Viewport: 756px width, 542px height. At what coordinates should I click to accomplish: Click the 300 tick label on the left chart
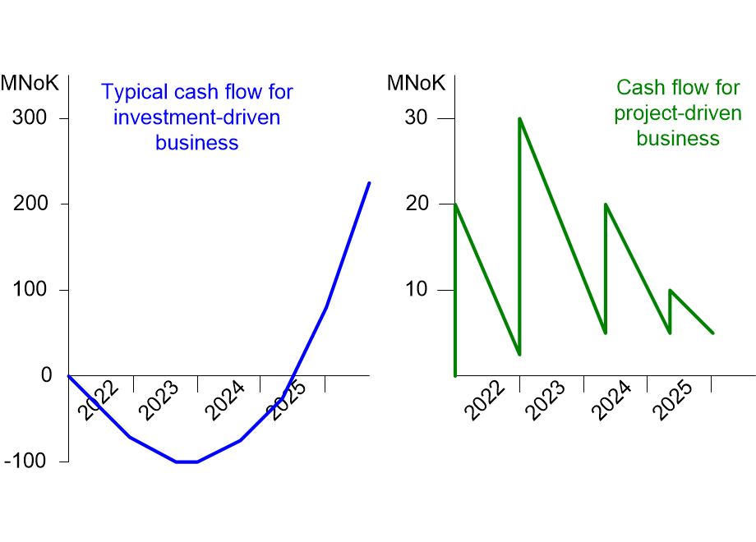(30, 118)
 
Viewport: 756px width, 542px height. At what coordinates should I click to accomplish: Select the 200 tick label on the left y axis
(30, 204)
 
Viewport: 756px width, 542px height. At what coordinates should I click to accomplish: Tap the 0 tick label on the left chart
(46, 375)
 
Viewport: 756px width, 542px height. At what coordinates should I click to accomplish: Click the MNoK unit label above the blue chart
(30, 83)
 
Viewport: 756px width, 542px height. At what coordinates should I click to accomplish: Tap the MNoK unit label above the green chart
(416, 83)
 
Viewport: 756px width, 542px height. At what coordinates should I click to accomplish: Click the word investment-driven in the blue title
(196, 117)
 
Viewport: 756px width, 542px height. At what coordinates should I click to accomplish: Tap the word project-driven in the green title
(678, 113)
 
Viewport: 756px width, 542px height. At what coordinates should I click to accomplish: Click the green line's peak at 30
(519, 118)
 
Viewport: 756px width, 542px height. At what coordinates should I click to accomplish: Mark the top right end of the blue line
(369, 183)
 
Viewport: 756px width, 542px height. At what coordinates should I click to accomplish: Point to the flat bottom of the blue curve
(187, 462)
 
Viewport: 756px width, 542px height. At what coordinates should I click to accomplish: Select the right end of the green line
(712, 333)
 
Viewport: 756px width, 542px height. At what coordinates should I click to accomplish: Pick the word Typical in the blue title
(135, 92)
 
